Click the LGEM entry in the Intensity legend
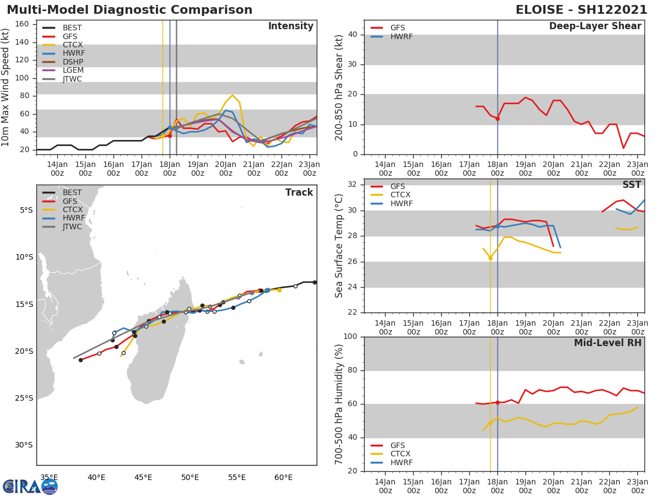[72, 71]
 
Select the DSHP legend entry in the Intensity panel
[72, 62]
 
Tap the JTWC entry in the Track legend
[72, 227]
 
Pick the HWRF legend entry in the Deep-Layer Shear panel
[401, 36]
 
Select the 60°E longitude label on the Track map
[284, 478]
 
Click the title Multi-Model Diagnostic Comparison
[129, 10]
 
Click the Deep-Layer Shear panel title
[595, 26]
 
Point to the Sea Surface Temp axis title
[339, 246]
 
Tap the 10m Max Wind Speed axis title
[6, 87]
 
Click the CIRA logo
[30, 487]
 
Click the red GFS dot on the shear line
[497, 118]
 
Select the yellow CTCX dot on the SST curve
[490, 257]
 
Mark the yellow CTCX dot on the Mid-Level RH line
[490, 423]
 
